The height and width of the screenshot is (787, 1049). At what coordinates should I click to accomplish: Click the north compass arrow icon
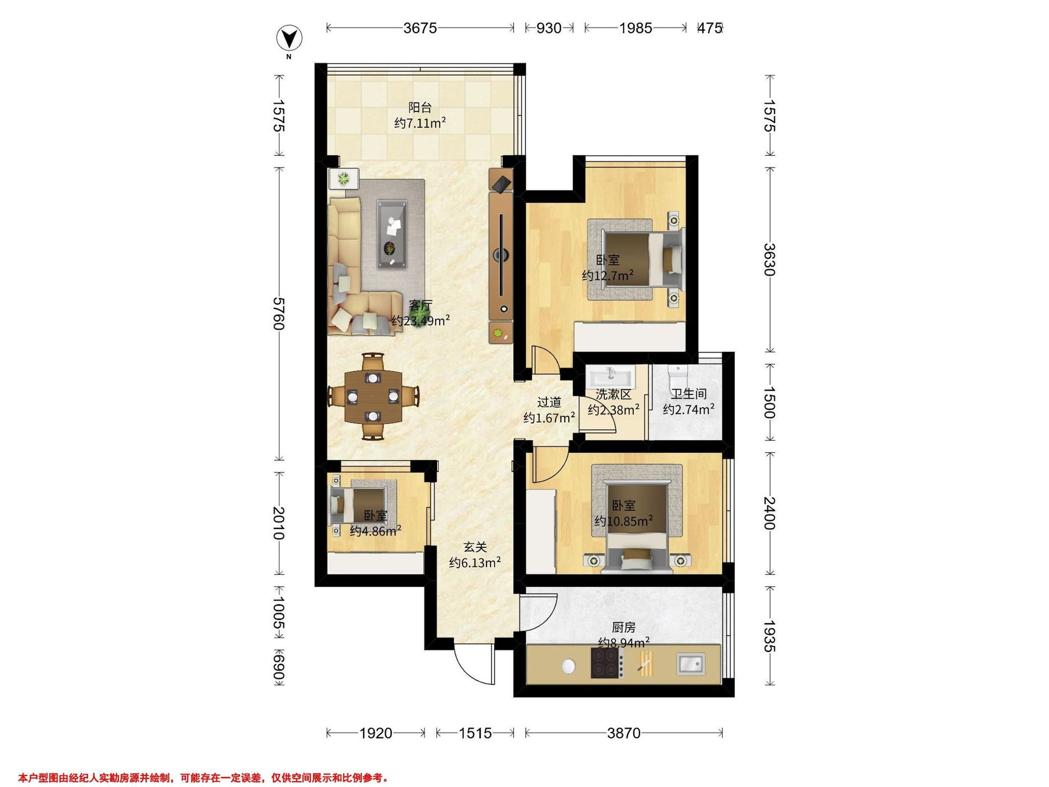click(x=289, y=38)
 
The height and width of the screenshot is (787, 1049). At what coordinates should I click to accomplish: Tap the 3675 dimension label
click(x=420, y=28)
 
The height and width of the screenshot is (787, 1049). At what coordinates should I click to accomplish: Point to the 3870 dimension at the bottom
click(x=624, y=733)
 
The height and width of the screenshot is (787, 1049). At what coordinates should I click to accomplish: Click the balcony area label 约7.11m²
click(x=420, y=123)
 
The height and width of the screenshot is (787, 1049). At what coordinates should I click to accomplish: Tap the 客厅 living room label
click(x=420, y=305)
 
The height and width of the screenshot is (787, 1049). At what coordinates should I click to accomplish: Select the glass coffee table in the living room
click(x=392, y=234)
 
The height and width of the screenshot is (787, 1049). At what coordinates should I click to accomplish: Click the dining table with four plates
click(x=373, y=397)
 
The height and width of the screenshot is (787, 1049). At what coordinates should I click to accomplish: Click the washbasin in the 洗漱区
click(x=611, y=378)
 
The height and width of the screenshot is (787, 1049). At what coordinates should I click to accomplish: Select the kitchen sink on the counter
click(x=691, y=664)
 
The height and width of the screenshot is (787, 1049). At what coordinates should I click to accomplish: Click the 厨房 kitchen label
click(x=623, y=627)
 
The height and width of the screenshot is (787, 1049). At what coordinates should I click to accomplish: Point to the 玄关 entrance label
click(x=475, y=547)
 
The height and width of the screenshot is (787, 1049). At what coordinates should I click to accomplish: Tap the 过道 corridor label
click(x=549, y=402)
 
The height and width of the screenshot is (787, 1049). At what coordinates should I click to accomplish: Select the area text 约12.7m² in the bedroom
click(x=608, y=275)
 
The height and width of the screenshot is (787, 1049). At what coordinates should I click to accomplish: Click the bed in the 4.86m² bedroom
click(x=363, y=505)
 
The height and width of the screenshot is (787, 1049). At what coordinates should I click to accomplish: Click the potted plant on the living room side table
click(x=342, y=179)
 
